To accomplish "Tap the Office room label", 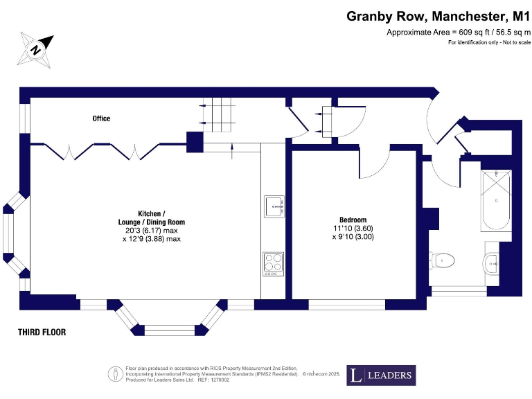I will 101,118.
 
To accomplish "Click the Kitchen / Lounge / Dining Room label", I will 152,217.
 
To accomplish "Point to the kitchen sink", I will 274,206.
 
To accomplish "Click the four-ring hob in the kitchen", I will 274,263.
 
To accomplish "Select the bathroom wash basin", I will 491,262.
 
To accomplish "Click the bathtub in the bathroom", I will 495,201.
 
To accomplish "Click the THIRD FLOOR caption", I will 42,332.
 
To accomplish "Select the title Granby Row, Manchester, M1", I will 438,15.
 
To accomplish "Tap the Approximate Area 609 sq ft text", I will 458,33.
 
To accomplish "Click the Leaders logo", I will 381,375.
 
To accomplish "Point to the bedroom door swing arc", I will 374,165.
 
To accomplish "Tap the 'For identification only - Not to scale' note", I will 489,43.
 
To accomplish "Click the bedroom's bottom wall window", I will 346,305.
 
